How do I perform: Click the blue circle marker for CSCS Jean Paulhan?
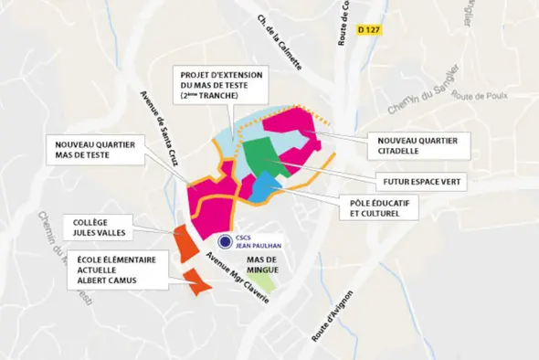(225, 241)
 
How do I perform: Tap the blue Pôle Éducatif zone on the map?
(263, 186)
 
